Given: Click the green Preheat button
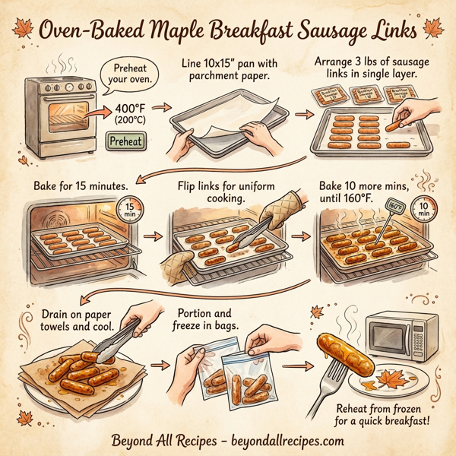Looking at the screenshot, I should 125,141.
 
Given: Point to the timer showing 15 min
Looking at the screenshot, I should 130,210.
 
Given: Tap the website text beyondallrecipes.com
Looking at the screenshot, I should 285,440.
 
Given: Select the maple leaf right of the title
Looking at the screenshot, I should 434,29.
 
